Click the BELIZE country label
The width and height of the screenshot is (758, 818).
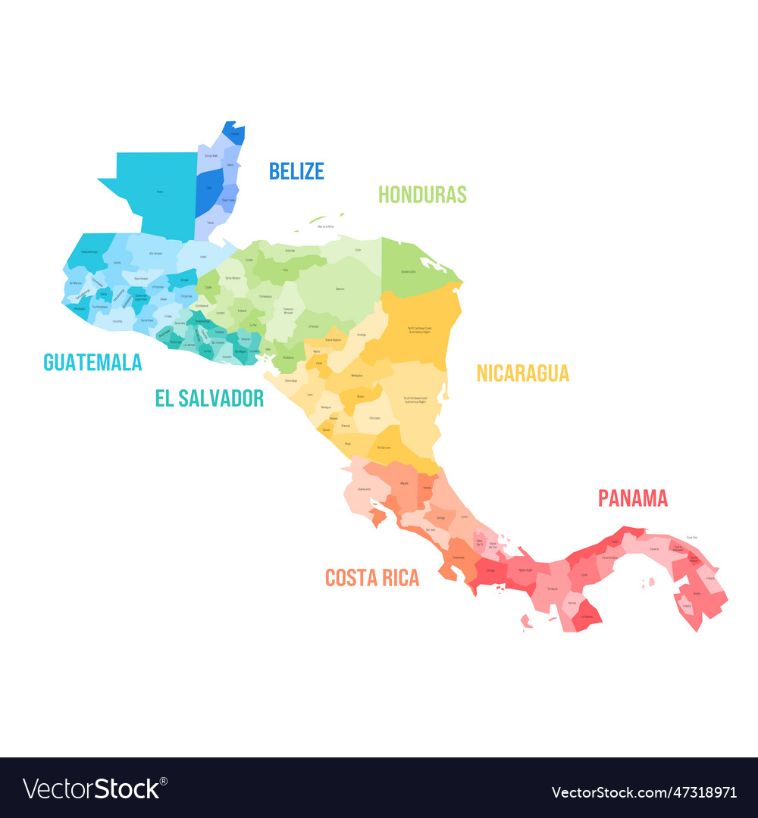coord(296,171)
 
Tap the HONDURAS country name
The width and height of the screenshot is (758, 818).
coord(422,195)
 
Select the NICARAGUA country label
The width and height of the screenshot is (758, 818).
coord(522,373)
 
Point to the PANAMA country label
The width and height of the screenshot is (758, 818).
coord(633,498)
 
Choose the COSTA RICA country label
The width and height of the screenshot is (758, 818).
coord(371,578)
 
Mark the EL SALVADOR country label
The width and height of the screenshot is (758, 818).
coord(209,398)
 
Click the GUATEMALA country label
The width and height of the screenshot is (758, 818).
coord(92,363)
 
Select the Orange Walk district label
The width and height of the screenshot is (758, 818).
coord(211,155)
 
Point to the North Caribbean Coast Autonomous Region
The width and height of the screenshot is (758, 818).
coord(419,329)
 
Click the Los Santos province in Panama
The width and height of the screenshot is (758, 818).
coord(586,616)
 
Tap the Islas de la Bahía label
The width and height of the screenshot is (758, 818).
coord(327,226)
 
